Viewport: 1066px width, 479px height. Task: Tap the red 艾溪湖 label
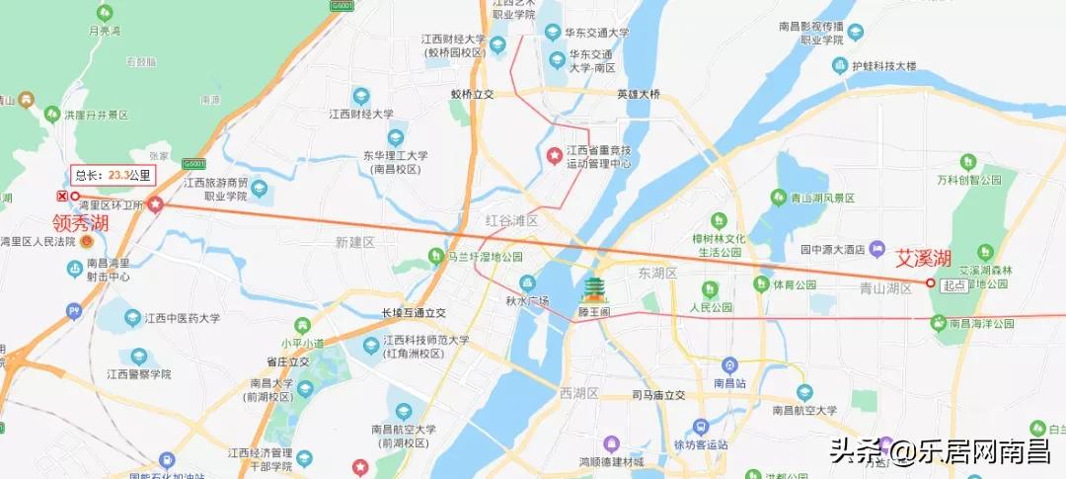(923, 260)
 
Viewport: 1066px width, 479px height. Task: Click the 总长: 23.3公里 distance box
(114, 176)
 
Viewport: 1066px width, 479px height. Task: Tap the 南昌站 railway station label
(729, 382)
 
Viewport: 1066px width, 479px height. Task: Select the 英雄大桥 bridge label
(638, 95)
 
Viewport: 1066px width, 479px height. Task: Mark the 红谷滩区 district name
(511, 220)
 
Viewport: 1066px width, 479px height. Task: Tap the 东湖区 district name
(655, 273)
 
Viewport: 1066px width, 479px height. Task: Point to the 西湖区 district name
(578, 393)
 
